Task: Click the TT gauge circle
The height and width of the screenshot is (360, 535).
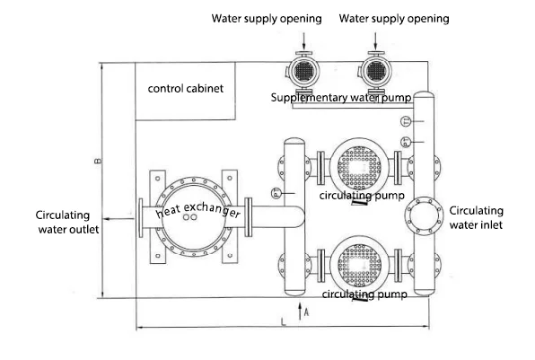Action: (x=407, y=121)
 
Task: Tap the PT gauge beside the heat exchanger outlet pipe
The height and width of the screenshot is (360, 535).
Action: (x=276, y=194)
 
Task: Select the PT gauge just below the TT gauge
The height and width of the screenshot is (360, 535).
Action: (x=407, y=142)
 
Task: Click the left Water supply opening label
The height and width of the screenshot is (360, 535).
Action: (x=267, y=19)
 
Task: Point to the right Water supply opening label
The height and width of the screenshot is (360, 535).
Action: (x=394, y=19)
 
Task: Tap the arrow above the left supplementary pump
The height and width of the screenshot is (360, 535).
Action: (x=303, y=41)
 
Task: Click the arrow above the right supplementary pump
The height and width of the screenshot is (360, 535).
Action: (x=375, y=41)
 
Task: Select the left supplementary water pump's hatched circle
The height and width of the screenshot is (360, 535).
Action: (x=304, y=71)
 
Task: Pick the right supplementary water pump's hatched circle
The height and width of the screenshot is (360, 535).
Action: (x=376, y=71)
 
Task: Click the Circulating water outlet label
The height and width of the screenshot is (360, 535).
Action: (x=67, y=222)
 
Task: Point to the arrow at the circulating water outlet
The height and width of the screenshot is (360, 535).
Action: (x=118, y=219)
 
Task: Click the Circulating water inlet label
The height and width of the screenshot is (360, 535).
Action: (x=477, y=218)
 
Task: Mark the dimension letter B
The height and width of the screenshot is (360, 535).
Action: (x=98, y=161)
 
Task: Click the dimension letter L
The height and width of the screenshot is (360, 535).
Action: (x=283, y=321)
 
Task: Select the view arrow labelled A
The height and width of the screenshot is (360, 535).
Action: (x=300, y=311)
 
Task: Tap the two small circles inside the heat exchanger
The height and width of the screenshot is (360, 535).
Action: (x=189, y=217)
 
